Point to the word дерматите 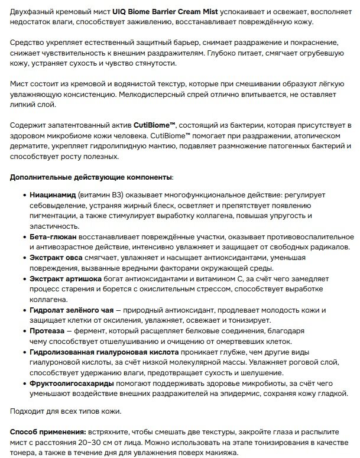pyautogui.click(x=30, y=147)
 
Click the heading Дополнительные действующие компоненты pyautogui.click(x=91, y=178)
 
